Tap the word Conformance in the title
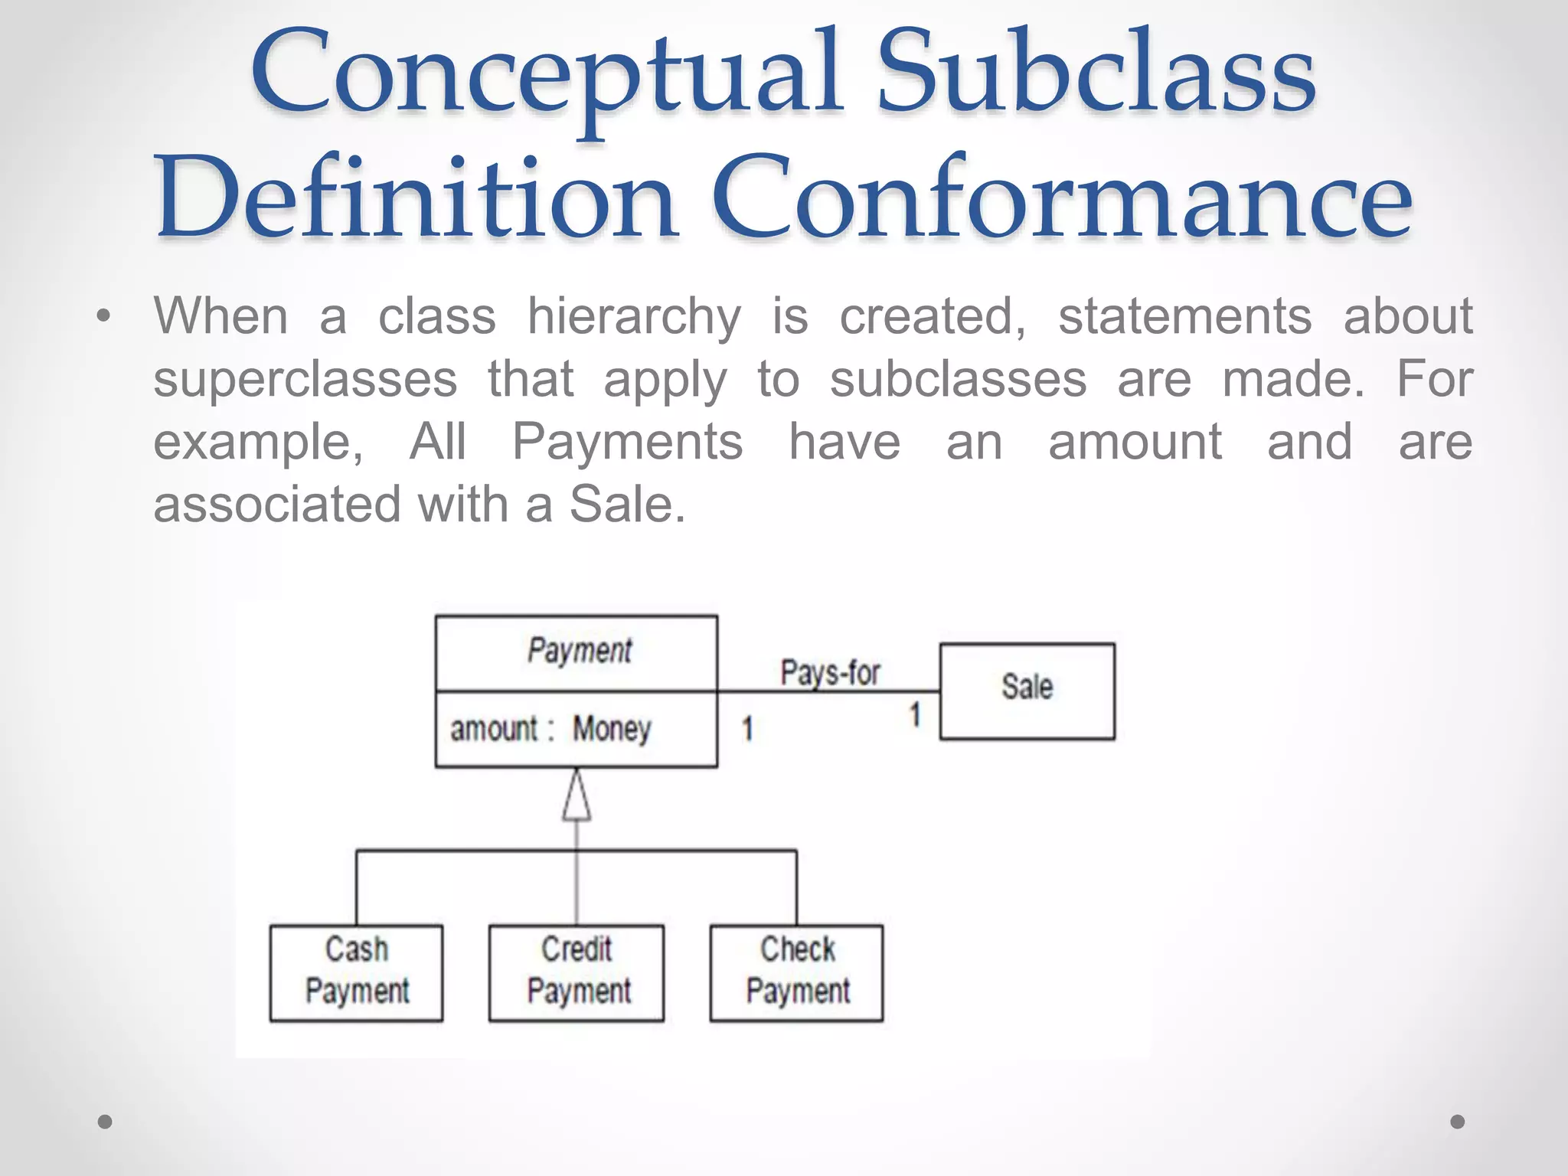click(1062, 198)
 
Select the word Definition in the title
click(416, 198)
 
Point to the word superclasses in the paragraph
click(305, 380)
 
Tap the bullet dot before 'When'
click(104, 316)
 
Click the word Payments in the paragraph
click(627, 443)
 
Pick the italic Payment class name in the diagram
click(579, 652)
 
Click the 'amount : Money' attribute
click(550, 729)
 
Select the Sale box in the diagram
click(1027, 690)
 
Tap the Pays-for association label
click(830, 673)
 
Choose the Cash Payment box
click(356, 972)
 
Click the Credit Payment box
click(577, 972)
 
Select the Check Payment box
click(796, 972)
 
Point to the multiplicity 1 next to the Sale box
click(915, 715)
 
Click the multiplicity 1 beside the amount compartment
click(747, 728)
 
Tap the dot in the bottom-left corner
click(105, 1122)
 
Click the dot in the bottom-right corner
click(1458, 1122)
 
